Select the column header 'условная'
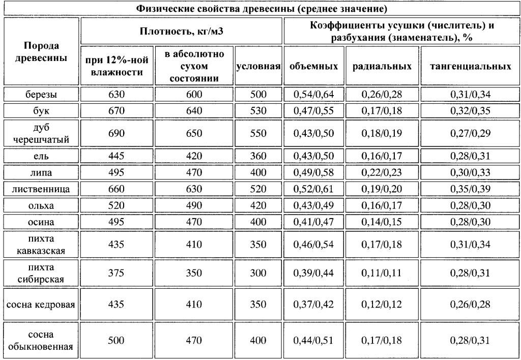pyautogui.click(x=259, y=66)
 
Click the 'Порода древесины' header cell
pyautogui.click(x=41, y=51)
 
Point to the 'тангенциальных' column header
pyautogui.click(x=470, y=66)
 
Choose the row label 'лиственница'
pyautogui.click(x=41, y=189)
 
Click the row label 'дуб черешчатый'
pyautogui.click(x=41, y=133)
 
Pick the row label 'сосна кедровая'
pyautogui.click(x=41, y=305)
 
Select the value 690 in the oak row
pyautogui.click(x=116, y=133)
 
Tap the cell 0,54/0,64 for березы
pyautogui.click(x=314, y=95)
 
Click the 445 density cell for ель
pyautogui.click(x=116, y=156)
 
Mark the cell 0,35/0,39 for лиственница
pyautogui.click(x=470, y=189)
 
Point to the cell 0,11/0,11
pyautogui.click(x=382, y=273)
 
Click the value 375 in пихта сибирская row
pyautogui.click(x=116, y=273)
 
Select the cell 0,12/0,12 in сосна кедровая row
pyautogui.click(x=382, y=305)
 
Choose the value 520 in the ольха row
pyautogui.click(x=116, y=206)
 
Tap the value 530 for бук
pyautogui.click(x=259, y=111)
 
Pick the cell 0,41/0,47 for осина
pyautogui.click(x=314, y=222)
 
